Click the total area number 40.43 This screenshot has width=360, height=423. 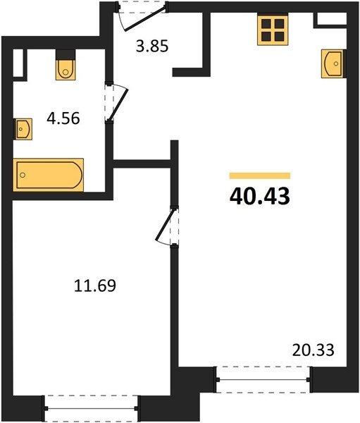point(260,196)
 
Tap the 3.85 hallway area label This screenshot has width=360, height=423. point(152,46)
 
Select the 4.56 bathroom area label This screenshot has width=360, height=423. point(63,118)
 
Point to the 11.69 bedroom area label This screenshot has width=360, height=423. point(95,286)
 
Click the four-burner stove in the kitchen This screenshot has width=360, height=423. point(273,30)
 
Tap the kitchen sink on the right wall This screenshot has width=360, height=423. point(333,63)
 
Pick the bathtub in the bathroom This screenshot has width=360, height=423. point(49,175)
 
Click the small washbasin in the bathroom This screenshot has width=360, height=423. point(23,129)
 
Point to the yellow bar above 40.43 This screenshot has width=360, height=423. point(260,176)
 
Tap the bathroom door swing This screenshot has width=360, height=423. point(116,102)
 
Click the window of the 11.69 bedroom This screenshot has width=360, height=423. point(92,408)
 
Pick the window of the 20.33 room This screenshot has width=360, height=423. point(263,379)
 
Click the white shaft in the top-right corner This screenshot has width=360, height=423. point(331,18)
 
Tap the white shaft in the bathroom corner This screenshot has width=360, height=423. point(18,63)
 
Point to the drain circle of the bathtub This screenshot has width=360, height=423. point(23,175)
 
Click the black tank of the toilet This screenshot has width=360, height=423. point(66,54)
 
